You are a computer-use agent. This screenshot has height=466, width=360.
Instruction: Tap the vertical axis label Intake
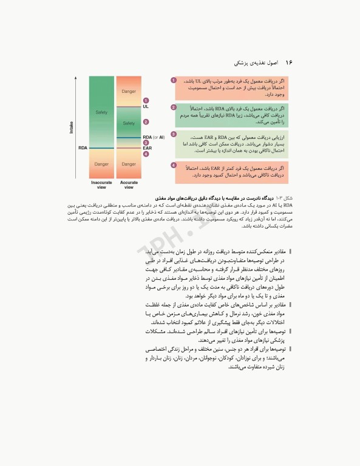point(72,127)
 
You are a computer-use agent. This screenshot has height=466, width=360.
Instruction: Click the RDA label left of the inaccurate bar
point(83,147)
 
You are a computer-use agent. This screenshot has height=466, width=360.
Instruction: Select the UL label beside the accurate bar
point(146,106)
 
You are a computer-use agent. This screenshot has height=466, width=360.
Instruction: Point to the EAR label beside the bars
point(148,148)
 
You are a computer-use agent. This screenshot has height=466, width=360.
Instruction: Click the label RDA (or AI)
point(154,137)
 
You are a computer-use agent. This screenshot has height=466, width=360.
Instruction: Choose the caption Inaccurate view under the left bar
point(101,184)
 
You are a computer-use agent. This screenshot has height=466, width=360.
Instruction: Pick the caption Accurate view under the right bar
point(129,184)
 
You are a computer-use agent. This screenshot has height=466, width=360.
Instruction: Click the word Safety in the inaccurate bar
point(101,113)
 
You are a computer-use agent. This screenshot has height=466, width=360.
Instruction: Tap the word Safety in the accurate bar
point(129,123)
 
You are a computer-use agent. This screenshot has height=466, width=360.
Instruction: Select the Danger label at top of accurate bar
point(129,92)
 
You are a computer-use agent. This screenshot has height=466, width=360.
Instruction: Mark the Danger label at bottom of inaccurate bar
point(101,164)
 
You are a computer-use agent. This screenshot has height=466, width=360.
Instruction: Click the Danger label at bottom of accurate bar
point(129,164)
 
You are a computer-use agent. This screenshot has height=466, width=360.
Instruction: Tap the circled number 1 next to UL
point(146,100)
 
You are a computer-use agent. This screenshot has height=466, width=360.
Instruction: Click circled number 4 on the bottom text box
point(174,165)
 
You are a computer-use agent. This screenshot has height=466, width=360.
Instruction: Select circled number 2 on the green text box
point(174,107)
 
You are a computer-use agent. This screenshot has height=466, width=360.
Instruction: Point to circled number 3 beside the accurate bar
point(146,143)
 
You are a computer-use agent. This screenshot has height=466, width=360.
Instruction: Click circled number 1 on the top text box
point(174,80)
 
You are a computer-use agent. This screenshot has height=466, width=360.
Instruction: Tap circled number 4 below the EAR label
point(146,154)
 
